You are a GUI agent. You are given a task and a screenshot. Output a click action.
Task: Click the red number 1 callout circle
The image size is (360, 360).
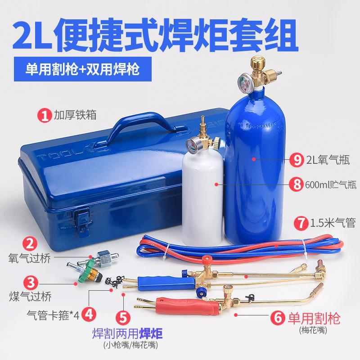45,116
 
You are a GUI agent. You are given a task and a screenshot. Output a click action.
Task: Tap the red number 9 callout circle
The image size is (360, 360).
297,159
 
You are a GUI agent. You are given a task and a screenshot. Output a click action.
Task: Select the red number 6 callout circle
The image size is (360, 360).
278,318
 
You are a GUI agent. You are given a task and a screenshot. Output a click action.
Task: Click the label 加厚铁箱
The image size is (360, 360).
75,115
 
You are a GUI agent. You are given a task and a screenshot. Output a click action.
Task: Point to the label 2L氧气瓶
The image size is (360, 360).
328,159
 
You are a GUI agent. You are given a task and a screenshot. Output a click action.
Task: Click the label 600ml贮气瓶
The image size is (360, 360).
331,184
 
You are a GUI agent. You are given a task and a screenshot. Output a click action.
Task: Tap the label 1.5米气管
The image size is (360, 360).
333,222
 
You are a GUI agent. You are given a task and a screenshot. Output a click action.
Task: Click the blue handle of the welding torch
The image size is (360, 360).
166,283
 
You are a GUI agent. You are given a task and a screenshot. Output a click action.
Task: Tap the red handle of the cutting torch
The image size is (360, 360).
187,306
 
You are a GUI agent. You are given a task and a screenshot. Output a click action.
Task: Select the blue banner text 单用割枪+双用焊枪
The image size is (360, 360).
82,69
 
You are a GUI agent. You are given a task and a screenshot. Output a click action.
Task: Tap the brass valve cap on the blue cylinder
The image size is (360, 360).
258,62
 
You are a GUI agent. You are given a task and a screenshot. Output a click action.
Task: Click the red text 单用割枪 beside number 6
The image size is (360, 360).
314,318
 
